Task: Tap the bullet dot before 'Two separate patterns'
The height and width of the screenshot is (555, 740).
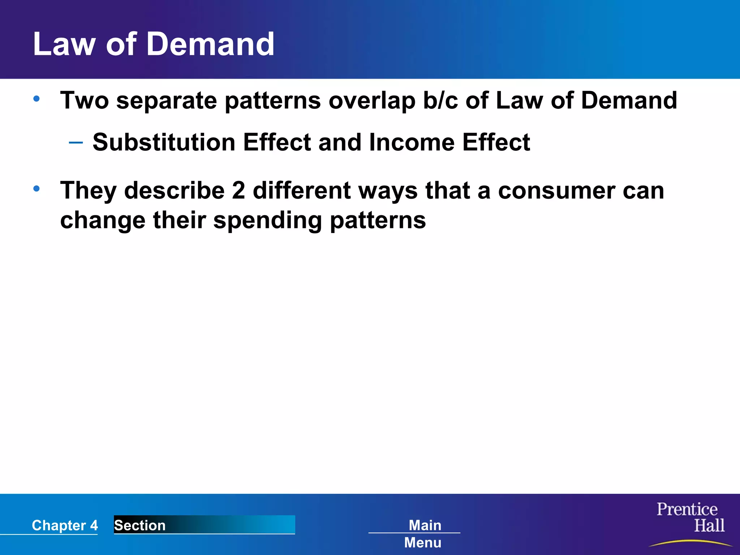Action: (x=36, y=98)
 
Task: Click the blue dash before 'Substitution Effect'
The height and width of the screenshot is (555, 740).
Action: (x=76, y=143)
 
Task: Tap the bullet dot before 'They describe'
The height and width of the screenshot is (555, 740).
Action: (x=36, y=188)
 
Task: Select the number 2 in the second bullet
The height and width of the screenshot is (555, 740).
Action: (x=238, y=190)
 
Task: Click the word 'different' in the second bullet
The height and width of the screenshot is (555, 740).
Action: (x=301, y=190)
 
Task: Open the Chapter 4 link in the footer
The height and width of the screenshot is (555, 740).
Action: (x=65, y=525)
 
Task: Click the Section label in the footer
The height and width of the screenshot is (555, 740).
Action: (x=140, y=525)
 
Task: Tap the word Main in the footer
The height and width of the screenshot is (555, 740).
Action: (x=425, y=525)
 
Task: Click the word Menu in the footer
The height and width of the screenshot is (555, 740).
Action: (x=423, y=543)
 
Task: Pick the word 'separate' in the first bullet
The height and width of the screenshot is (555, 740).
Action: (x=167, y=100)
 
